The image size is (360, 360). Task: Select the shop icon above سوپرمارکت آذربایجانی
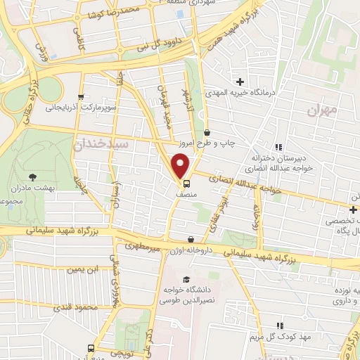point(81,97)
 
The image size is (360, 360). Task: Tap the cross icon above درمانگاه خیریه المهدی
point(240,82)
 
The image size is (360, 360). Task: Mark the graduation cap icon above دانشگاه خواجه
point(184,279)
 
